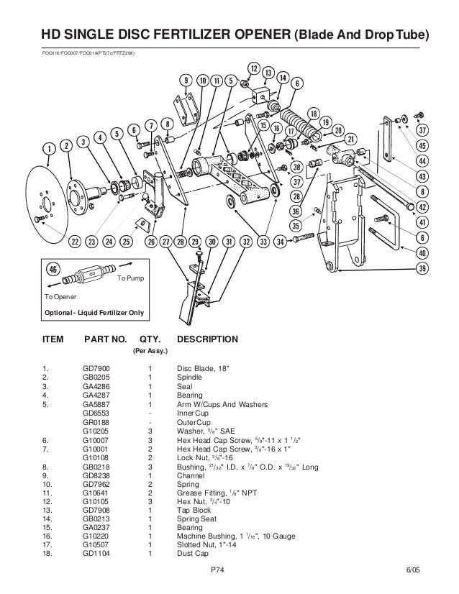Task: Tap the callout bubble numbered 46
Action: [53, 269]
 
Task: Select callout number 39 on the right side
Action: [423, 269]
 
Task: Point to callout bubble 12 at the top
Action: [253, 68]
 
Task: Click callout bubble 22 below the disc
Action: [73, 242]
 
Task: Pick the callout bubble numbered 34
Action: [281, 242]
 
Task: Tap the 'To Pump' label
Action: [130, 278]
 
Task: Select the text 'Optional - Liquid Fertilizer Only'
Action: [84, 312]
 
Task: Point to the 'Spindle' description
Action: [190, 382]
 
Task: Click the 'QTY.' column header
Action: [150, 338]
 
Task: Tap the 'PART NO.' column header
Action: [106, 338]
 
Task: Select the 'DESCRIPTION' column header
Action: [208, 338]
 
